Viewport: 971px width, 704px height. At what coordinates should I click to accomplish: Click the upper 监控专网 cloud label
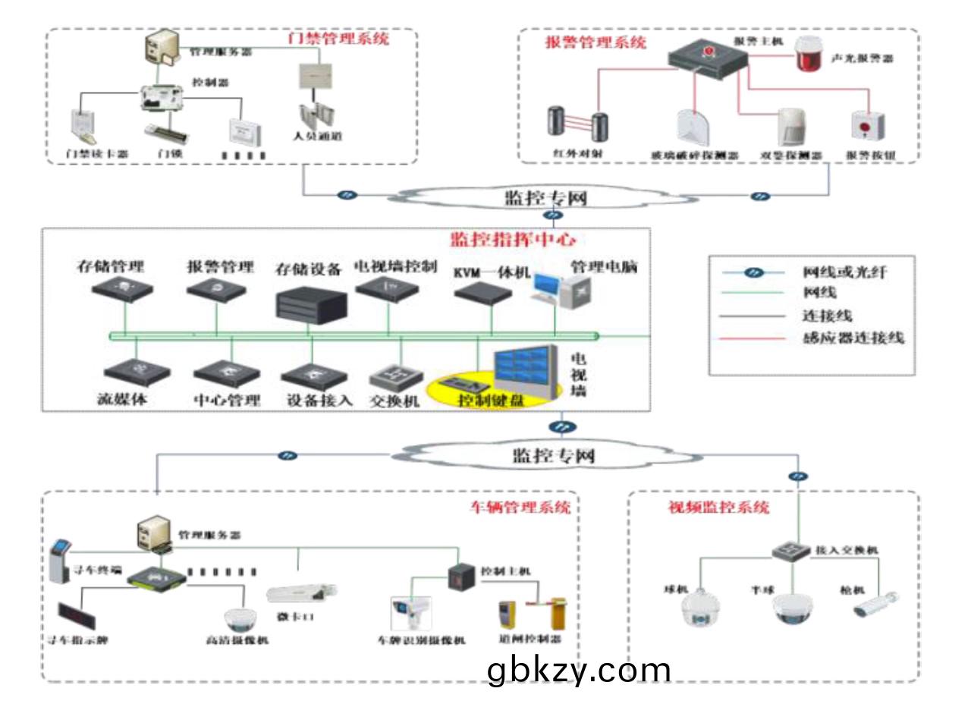[545, 198]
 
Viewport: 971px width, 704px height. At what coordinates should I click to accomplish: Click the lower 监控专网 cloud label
[553, 455]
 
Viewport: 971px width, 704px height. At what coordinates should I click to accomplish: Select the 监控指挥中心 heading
[513, 240]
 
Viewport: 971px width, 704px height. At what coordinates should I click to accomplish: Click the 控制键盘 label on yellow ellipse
[490, 400]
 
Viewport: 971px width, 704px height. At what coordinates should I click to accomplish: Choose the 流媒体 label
[122, 399]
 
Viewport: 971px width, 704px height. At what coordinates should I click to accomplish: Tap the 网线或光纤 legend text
[844, 272]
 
